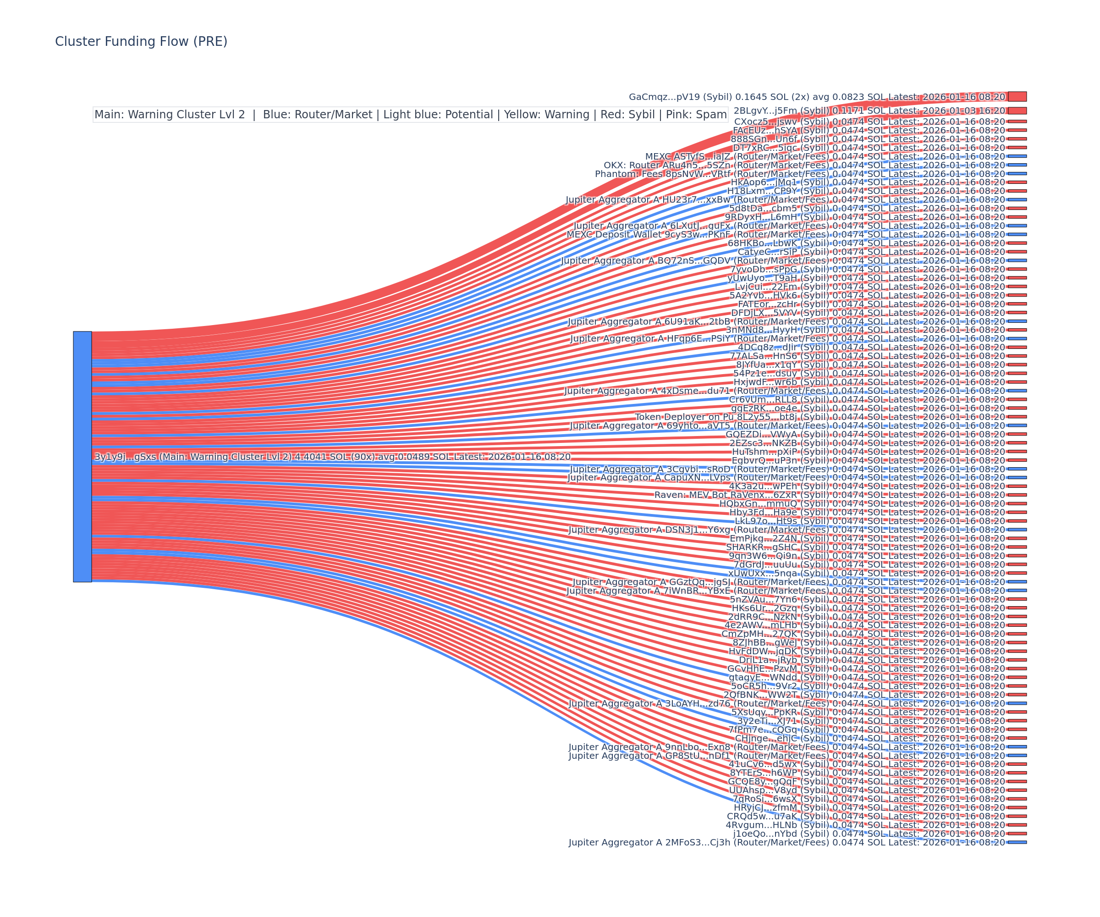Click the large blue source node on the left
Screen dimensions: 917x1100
(x=82, y=456)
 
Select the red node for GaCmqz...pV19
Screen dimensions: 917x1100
(x=1017, y=96)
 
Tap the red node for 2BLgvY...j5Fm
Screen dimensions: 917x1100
(x=1017, y=110)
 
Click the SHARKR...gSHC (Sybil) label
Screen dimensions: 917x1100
(x=777, y=547)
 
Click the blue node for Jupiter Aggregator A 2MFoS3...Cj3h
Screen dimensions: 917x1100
(x=1017, y=843)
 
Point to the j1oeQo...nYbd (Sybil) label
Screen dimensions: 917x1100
(x=781, y=834)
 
